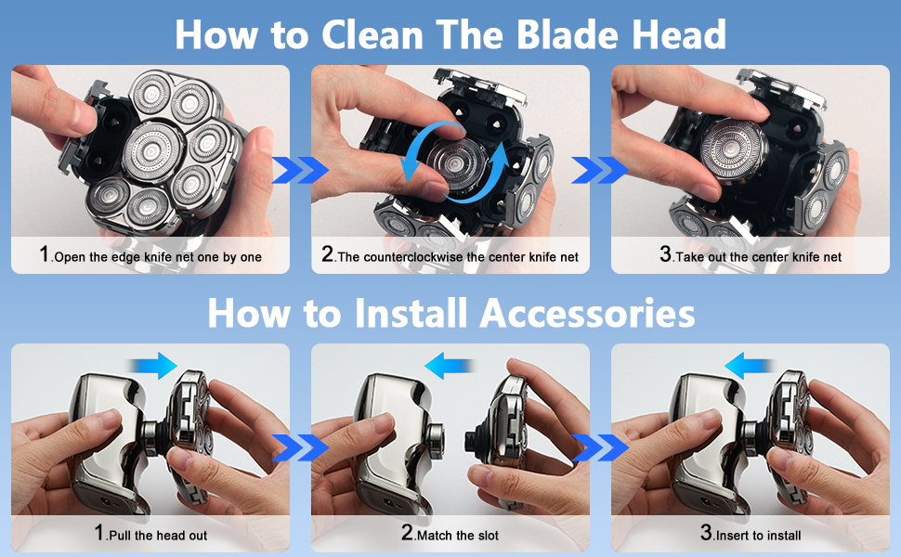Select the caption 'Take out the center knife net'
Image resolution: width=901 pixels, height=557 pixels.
(757, 257)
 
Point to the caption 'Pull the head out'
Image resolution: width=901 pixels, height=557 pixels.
(157, 536)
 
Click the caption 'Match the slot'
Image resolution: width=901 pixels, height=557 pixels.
(456, 536)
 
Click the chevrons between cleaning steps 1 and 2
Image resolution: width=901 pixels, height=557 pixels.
(299, 170)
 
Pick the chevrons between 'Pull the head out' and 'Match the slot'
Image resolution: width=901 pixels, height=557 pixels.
(299, 447)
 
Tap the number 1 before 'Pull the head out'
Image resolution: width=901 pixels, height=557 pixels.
(99, 534)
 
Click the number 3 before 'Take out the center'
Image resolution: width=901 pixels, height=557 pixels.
(665, 255)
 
